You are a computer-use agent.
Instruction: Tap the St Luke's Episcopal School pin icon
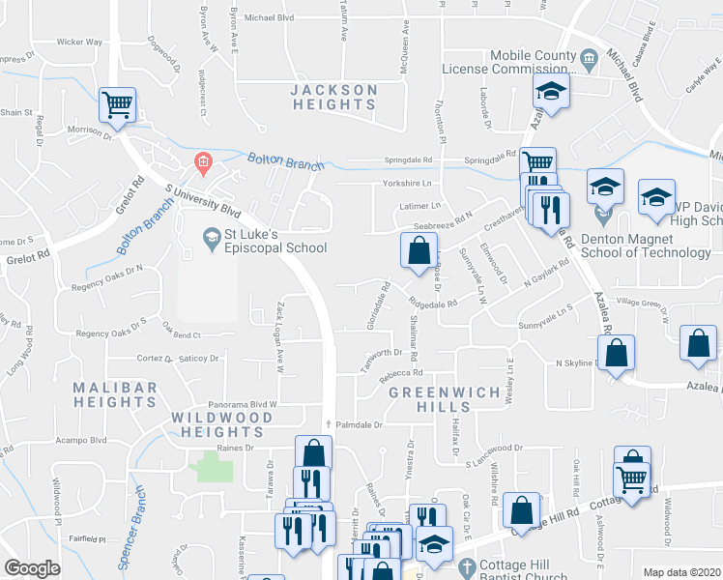click(x=211, y=235)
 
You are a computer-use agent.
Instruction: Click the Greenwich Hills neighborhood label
click(x=445, y=400)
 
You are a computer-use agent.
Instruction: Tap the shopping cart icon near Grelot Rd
click(x=118, y=104)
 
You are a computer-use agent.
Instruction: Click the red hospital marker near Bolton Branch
click(x=203, y=161)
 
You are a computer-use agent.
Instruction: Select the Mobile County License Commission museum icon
click(x=589, y=61)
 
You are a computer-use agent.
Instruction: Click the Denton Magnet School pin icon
click(x=603, y=208)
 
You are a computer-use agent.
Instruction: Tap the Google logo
click(x=32, y=567)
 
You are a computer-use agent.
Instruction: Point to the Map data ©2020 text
click(x=682, y=571)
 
